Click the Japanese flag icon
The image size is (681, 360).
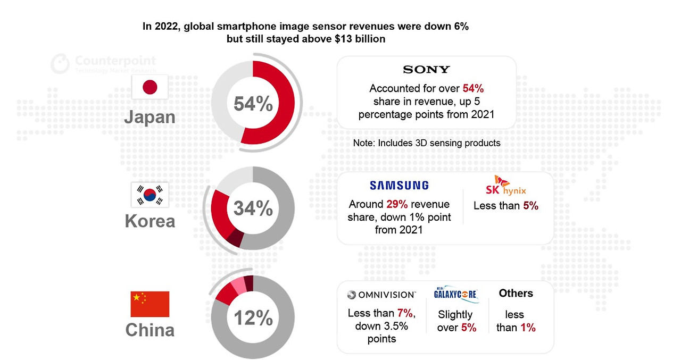tap(150, 87)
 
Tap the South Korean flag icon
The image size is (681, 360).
tap(150, 195)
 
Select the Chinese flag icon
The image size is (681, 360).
tap(150, 304)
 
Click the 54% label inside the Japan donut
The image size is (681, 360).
tap(253, 104)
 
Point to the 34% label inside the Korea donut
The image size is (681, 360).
tap(253, 208)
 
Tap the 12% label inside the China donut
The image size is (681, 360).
tap(253, 317)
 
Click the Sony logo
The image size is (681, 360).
tap(426, 70)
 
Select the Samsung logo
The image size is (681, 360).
tap(399, 186)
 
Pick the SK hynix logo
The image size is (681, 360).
tap(506, 186)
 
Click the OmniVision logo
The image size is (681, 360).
tap(381, 295)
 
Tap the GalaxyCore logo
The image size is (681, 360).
tap(456, 294)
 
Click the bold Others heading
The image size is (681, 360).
tap(516, 294)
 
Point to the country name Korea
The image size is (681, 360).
tap(150, 221)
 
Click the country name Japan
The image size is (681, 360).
tap(150, 116)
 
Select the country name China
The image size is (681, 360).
tap(150, 330)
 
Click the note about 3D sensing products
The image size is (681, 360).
tap(426, 143)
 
